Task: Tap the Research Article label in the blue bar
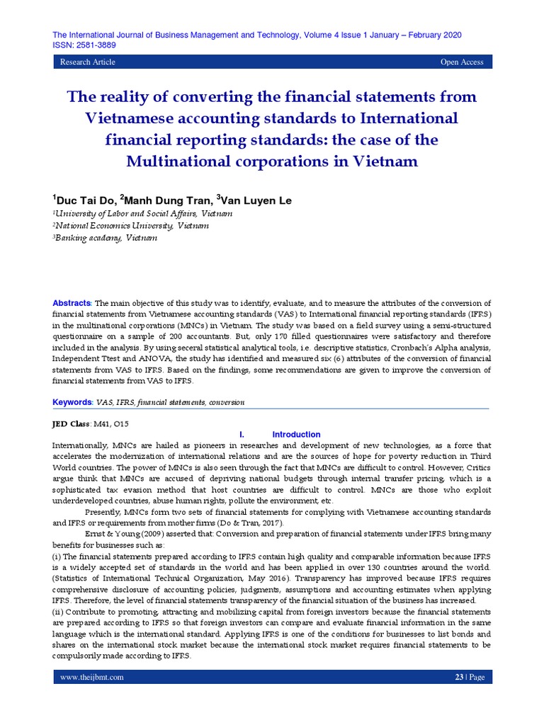[88, 62]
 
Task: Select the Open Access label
[462, 62]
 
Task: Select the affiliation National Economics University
[131, 225]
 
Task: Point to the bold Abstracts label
[72, 303]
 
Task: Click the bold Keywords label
[73, 402]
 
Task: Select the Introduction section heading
[297, 434]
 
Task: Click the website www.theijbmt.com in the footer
[93, 677]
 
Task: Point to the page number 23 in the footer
[458, 677]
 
